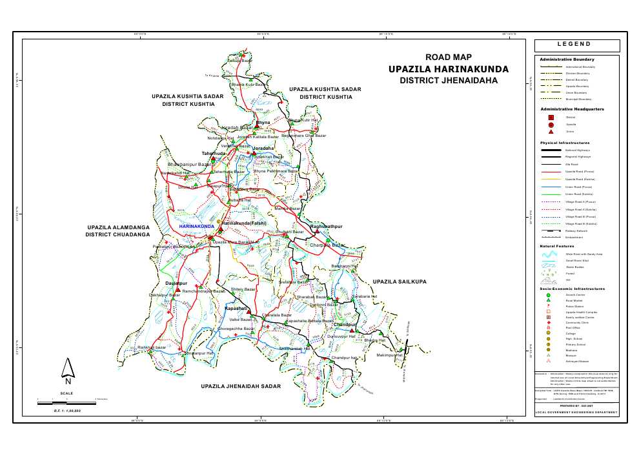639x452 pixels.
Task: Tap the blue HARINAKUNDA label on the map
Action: [196, 227]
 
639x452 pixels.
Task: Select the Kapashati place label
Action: [237, 309]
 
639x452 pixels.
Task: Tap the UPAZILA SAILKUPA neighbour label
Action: [401, 282]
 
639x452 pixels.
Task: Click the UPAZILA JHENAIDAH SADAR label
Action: [241, 385]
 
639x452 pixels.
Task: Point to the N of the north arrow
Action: [68, 380]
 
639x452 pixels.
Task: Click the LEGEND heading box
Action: [577, 45]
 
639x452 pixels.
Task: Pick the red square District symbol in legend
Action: [551, 118]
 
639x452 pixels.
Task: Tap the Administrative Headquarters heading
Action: [572, 109]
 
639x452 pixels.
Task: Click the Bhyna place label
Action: [263, 123]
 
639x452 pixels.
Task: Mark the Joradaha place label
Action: [263, 149]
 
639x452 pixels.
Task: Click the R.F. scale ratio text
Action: [68, 411]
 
